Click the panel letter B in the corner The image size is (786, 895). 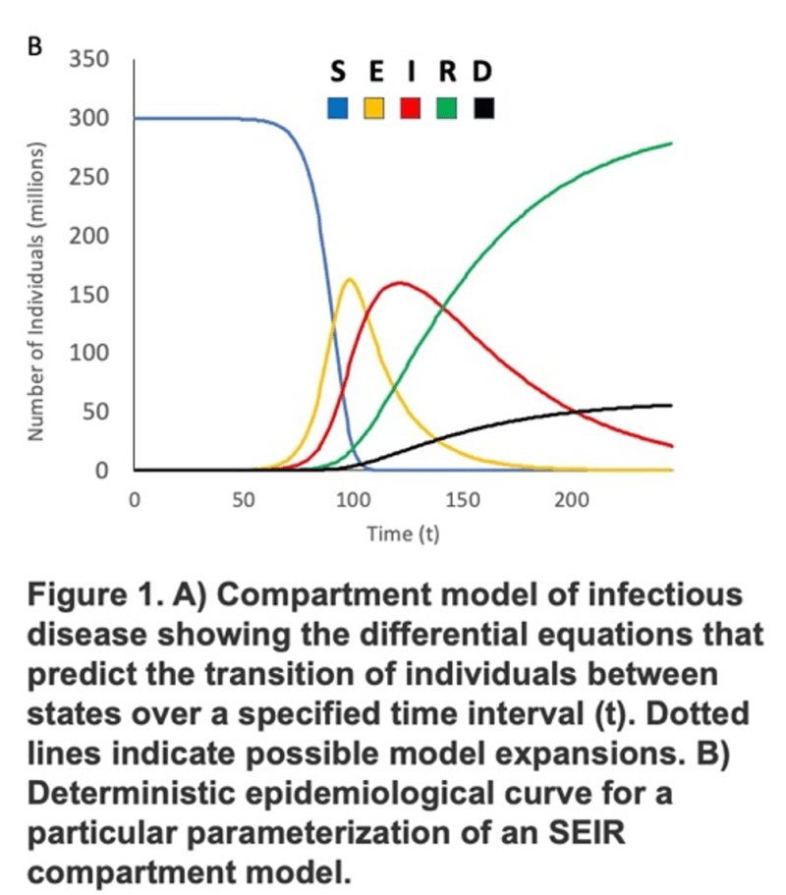tap(34, 47)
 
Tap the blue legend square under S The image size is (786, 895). tap(337, 108)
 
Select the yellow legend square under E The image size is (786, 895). tap(374, 108)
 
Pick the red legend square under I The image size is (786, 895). tap(411, 108)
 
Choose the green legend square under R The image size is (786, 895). tap(447, 108)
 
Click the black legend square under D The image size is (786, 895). tap(483, 108)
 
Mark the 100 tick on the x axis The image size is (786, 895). tap(353, 499)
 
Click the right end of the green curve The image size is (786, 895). tap(672, 143)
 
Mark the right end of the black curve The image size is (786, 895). tap(672, 405)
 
